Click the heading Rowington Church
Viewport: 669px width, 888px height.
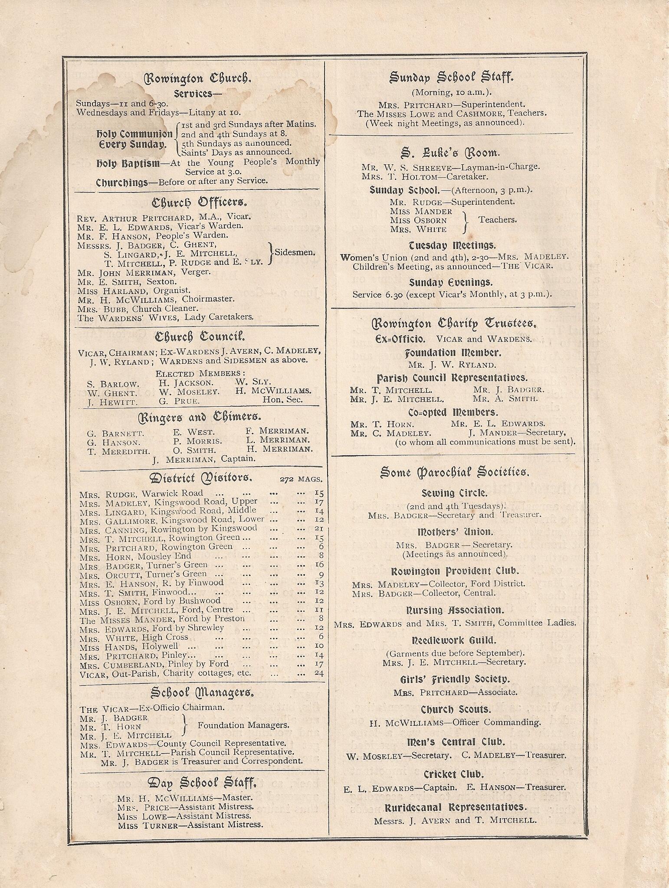[x=197, y=78]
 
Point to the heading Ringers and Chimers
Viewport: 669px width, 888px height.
[x=200, y=417]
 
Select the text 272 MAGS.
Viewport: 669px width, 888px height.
[x=301, y=480]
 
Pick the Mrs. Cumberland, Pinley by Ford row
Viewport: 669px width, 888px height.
[x=154, y=664]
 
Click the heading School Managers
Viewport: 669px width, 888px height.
[x=202, y=693]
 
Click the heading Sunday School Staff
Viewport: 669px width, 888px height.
[x=451, y=78]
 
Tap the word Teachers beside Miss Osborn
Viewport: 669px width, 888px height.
[x=497, y=220]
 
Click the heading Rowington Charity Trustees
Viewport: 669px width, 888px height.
[x=455, y=323]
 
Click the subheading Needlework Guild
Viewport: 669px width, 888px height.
[x=454, y=640]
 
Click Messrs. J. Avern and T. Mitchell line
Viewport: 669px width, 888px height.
[x=455, y=820]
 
